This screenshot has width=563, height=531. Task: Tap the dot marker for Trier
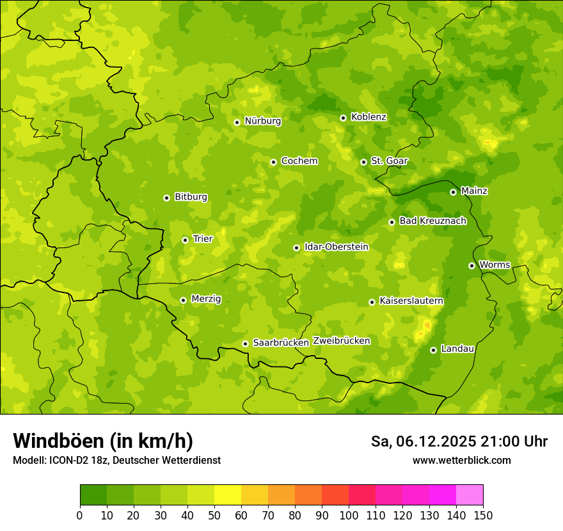point(185,240)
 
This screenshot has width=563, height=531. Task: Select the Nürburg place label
point(262,121)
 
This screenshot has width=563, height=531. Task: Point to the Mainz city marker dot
point(453,192)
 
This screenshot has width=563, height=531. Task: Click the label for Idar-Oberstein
point(336,247)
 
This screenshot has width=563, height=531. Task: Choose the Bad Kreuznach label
point(432,221)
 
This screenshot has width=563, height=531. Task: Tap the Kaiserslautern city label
point(411,301)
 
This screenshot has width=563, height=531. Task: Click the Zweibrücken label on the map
point(341,341)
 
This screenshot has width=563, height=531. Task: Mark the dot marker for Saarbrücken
point(245,344)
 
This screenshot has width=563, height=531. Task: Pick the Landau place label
point(457,349)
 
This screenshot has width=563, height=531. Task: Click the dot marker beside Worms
point(472,265)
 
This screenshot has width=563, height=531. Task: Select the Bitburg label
point(191,197)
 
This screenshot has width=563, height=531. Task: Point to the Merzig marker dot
point(183,300)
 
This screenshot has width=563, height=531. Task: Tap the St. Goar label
point(389,161)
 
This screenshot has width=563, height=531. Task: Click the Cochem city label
point(299,161)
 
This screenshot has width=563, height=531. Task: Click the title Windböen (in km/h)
point(102,441)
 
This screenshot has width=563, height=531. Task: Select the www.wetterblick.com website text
point(461,461)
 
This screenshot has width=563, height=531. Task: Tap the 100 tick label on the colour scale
point(349,515)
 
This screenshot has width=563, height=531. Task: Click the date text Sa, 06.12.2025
point(424,441)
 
